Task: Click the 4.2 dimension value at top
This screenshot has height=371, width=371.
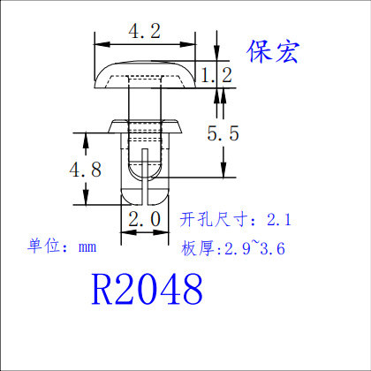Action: pyautogui.click(x=145, y=31)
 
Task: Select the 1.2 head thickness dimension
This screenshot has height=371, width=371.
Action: pyautogui.click(x=216, y=75)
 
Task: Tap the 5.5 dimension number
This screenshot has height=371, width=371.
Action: pyautogui.click(x=223, y=133)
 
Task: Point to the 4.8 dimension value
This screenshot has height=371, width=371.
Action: pyautogui.click(x=86, y=170)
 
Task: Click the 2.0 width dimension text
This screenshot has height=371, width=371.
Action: pyautogui.click(x=145, y=219)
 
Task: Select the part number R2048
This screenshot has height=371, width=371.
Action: pyautogui.click(x=147, y=289)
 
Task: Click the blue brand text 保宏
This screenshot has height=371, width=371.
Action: pyautogui.click(x=273, y=52)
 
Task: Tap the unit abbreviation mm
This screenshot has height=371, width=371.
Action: pyautogui.click(x=87, y=247)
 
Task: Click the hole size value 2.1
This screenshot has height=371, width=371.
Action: pyautogui.click(x=279, y=220)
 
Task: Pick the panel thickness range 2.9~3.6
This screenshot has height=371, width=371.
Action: pyautogui.click(x=255, y=248)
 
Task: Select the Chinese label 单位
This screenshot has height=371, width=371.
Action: pyautogui.click(x=44, y=246)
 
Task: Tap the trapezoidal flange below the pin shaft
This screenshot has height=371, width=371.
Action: pyautogui.click(x=145, y=126)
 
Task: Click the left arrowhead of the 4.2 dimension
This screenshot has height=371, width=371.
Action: pyautogui.click(x=102, y=44)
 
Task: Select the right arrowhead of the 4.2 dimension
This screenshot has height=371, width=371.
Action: pyautogui.click(x=188, y=44)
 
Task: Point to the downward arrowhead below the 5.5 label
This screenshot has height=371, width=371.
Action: pyautogui.click(x=223, y=170)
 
